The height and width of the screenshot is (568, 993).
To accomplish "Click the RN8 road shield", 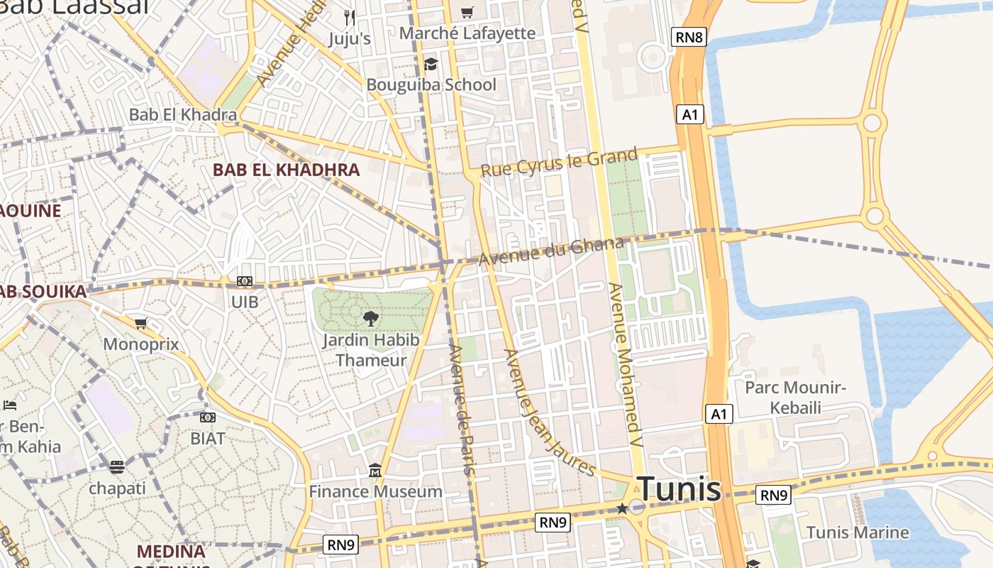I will (x=689, y=37).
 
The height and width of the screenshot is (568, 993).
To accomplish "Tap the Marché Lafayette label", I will (x=467, y=33).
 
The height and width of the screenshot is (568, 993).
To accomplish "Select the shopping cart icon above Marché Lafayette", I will (x=467, y=12).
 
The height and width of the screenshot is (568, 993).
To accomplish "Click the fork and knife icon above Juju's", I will (x=349, y=17).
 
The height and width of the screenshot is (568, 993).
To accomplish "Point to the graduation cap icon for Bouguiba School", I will (x=431, y=65).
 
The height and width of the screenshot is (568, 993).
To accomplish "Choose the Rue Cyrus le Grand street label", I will (x=559, y=163).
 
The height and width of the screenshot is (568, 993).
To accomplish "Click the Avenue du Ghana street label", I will (x=551, y=251).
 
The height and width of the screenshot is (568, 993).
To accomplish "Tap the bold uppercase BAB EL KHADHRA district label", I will (x=287, y=170).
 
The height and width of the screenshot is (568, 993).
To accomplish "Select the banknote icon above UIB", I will (x=245, y=281).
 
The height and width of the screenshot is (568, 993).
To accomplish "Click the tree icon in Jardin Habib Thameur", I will (x=370, y=318).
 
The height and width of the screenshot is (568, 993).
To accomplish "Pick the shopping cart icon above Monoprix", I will (x=141, y=324).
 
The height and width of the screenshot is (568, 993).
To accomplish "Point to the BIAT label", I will (x=208, y=438).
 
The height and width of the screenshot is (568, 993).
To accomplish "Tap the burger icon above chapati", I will (x=117, y=466).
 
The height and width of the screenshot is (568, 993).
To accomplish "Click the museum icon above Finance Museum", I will (x=375, y=470).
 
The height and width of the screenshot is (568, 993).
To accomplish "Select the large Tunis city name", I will (x=679, y=490).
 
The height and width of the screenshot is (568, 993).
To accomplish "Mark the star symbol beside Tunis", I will (x=622, y=508).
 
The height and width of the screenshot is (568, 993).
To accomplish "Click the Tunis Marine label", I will (x=858, y=532).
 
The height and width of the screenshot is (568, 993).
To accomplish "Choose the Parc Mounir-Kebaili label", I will (x=795, y=397).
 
